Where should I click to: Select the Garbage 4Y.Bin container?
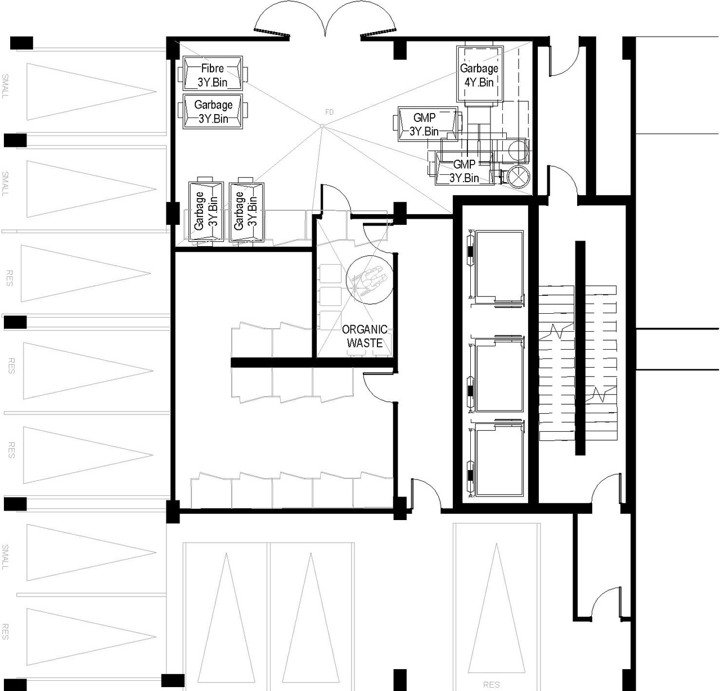point(479,75)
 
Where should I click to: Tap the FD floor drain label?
point(329,112)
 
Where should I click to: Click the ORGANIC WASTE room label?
point(364,336)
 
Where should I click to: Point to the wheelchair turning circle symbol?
point(369,279)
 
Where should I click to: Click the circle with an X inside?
point(518,177)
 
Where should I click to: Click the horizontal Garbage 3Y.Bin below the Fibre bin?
point(213,111)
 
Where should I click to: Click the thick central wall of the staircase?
point(580,347)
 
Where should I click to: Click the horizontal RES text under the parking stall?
point(491,684)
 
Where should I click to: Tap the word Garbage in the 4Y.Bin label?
point(479,69)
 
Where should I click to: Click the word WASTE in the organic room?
point(364,343)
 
